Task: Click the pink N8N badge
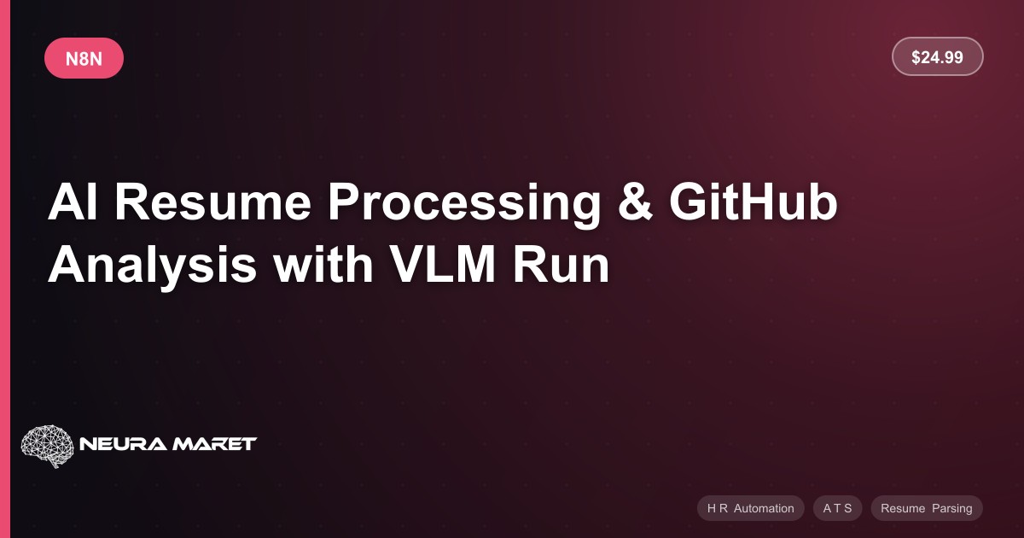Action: [x=84, y=58]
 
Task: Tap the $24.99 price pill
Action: [x=937, y=56]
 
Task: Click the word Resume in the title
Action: [x=212, y=202]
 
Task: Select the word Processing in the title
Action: [x=464, y=204]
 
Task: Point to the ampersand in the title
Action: [x=635, y=202]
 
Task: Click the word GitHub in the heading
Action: [x=753, y=202]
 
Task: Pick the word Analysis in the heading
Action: [x=152, y=266]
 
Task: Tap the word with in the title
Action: [x=323, y=264]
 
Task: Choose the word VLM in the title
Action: [x=443, y=265]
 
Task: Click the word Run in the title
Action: [x=561, y=265]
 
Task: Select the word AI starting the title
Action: [x=73, y=202]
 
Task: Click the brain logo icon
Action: [x=48, y=445]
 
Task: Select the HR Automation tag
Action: [x=751, y=508]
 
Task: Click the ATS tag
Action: [x=837, y=508]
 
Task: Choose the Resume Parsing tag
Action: [x=927, y=508]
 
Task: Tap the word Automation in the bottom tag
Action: [x=764, y=508]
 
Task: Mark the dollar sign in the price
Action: [x=916, y=57]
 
